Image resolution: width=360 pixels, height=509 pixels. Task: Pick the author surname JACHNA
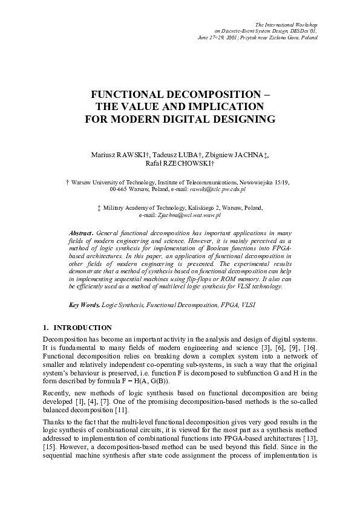coord(248,155)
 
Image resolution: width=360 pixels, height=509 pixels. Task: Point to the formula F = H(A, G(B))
coord(148,381)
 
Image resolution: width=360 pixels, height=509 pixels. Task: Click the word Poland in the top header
coord(307,37)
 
